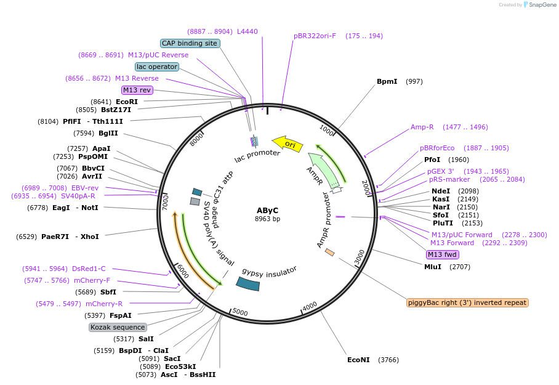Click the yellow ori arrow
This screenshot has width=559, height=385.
coord(288,144)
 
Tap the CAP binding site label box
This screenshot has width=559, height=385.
coord(190,43)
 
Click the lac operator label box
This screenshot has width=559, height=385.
coord(157,67)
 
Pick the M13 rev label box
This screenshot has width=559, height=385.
coord(137,90)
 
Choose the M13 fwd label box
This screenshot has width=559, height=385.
coord(442,254)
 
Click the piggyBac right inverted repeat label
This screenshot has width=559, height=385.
coord(467,302)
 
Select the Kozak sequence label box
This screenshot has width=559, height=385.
coord(118,327)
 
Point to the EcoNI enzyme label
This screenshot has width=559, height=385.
coord(358,360)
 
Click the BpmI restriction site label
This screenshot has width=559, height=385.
coord(387,81)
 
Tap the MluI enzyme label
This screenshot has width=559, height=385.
coord(433,267)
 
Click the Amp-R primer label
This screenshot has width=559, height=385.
coord(422,127)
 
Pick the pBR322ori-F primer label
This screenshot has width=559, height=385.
coord(315,36)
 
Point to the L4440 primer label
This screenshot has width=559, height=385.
coord(247,31)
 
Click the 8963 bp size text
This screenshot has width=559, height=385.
coord(267,219)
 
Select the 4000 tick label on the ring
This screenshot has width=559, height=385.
coord(310,306)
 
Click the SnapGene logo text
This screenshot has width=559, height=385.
coord(539,5)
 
